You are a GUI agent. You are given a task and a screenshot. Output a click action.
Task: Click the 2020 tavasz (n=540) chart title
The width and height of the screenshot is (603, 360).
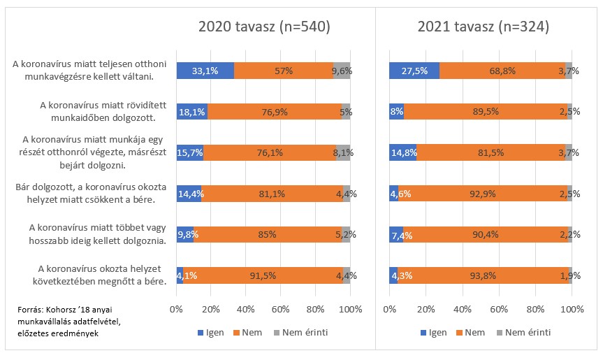(x=263, y=27)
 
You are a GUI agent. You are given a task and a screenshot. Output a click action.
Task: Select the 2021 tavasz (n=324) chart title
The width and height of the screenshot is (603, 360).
(x=483, y=27)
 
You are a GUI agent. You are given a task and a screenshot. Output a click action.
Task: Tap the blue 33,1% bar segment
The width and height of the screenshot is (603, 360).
(x=205, y=71)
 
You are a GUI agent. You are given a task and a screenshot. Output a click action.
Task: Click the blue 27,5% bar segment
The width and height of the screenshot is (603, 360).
(x=414, y=71)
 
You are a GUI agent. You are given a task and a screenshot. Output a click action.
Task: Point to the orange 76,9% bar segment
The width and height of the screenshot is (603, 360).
(x=275, y=111)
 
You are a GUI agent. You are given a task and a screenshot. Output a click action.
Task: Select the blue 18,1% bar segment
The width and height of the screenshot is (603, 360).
(x=192, y=111)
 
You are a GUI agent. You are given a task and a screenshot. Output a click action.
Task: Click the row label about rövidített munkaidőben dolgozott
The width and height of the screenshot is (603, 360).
(x=97, y=111)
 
